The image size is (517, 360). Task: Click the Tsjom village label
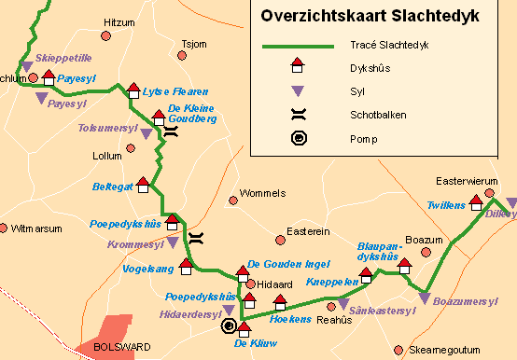pos(193,44)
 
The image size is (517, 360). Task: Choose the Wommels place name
pos(261,193)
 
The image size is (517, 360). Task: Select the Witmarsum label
pos(36,228)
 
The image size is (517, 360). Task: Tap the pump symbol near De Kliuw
pos(229,325)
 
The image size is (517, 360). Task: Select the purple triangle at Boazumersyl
pos(425,298)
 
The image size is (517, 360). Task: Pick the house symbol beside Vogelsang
pos(186,268)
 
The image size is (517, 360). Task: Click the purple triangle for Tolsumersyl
pos(146,133)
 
